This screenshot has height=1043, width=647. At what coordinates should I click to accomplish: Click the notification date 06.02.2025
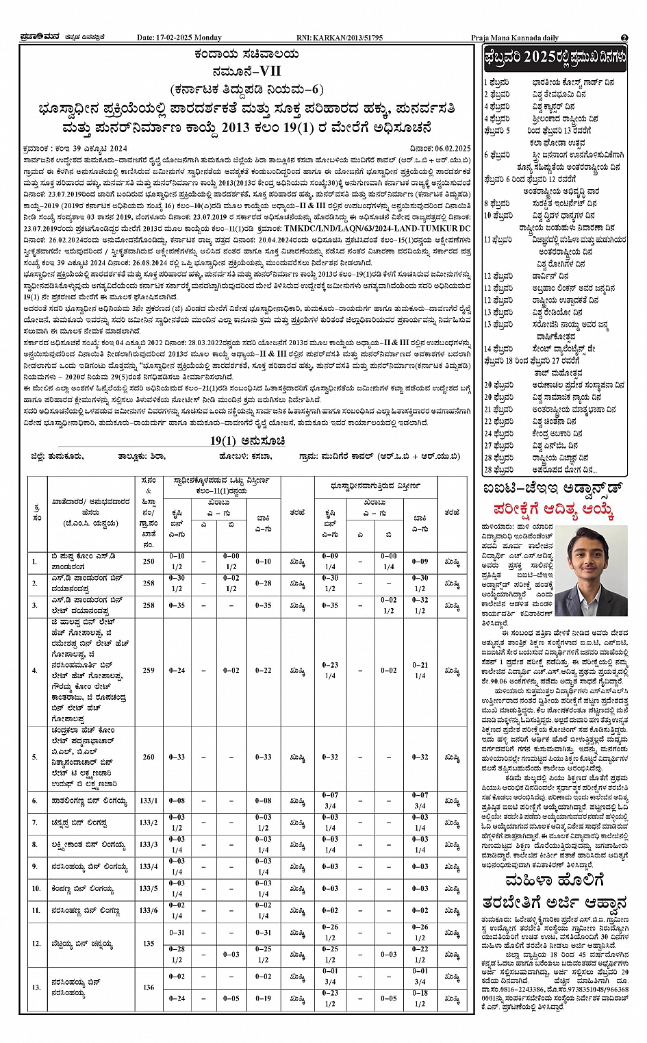(451, 148)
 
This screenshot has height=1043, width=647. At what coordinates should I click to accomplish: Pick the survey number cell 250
(149, 562)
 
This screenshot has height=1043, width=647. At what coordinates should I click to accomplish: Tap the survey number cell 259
(149, 670)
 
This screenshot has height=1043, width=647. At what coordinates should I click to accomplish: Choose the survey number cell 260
(149, 757)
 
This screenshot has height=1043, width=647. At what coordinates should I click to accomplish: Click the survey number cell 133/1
(149, 801)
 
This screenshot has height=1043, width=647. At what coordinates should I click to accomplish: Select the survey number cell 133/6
(149, 910)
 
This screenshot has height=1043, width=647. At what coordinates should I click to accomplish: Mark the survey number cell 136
(149, 987)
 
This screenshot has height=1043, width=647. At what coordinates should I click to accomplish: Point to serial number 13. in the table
(36, 987)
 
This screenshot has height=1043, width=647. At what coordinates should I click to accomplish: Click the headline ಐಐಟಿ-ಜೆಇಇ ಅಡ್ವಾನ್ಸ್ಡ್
(552, 489)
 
